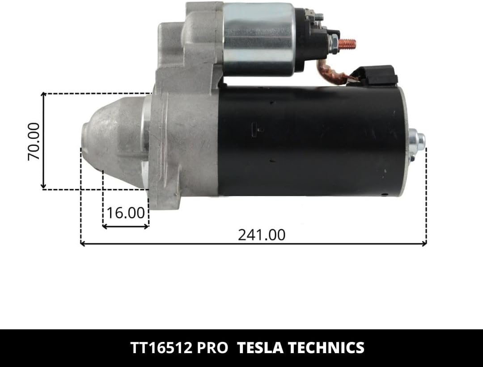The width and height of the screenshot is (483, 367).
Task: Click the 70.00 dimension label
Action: coord(34,141)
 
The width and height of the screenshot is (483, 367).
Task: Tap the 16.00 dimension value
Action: coord(125,213)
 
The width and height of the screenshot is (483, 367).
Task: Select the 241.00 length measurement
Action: coord(262,235)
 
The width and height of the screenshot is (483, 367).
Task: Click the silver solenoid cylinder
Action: coord(258,38)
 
